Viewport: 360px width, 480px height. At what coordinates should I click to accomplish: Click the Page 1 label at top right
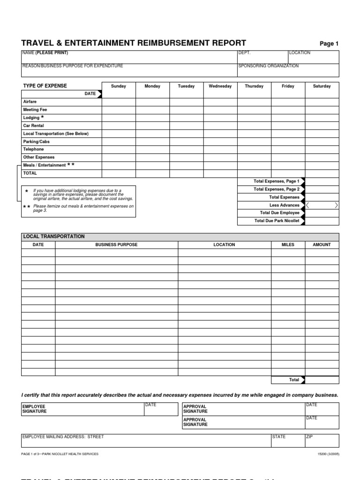click(329, 44)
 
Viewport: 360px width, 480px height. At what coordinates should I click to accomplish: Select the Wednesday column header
click(220, 86)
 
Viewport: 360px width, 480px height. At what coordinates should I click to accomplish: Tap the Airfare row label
click(30, 102)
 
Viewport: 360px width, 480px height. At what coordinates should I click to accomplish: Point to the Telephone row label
click(33, 150)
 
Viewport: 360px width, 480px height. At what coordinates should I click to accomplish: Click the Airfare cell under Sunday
click(119, 102)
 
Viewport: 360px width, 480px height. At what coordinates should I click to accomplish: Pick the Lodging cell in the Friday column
click(288, 118)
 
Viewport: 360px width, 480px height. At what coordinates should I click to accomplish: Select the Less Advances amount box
click(322, 205)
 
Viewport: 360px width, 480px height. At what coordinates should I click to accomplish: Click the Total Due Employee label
click(277, 213)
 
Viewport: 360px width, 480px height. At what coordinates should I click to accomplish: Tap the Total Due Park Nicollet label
click(277, 221)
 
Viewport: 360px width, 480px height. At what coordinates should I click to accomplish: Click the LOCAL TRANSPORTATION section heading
click(54, 237)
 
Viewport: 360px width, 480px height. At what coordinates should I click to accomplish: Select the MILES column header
click(288, 245)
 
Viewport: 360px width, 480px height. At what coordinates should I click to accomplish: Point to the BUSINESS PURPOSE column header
click(116, 245)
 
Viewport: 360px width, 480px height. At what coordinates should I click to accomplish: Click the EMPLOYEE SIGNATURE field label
click(35, 409)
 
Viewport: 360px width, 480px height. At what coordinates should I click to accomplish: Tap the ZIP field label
click(309, 437)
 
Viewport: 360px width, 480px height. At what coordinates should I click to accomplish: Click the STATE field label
click(279, 437)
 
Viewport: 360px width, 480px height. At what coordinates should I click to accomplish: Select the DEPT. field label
click(245, 53)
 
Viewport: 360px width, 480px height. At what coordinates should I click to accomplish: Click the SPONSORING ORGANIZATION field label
click(268, 66)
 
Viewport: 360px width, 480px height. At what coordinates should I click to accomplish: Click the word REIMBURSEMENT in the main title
click(168, 43)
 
